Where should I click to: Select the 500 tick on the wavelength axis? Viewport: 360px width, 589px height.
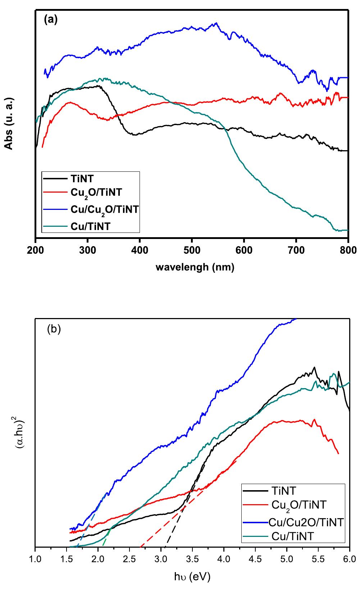click(192, 249)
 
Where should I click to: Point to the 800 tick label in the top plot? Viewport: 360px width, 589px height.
click(348, 249)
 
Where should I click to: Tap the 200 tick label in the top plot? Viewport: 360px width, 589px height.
click(36, 249)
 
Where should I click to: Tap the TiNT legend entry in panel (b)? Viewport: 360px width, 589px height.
click(284, 490)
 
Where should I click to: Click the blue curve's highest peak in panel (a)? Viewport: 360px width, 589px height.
click(216, 23)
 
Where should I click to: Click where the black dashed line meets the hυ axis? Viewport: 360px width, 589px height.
click(165, 547)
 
